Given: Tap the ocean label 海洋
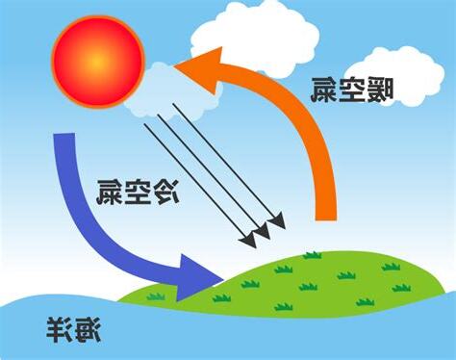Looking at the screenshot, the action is pyautogui.click(x=75, y=332).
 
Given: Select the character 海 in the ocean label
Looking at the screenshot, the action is pyautogui.click(x=89, y=332).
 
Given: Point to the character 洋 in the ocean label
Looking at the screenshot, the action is pyautogui.click(x=61, y=332).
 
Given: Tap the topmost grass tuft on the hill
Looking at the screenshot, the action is pyautogui.click(x=312, y=255).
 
